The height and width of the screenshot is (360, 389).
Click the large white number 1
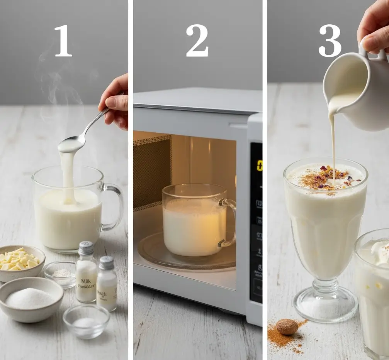pyautogui.click(x=63, y=41)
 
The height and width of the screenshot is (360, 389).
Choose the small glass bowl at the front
pyautogui.click(x=86, y=321)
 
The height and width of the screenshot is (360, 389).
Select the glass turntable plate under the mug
pyautogui.click(x=185, y=255)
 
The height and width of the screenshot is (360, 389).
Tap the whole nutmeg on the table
pyautogui.click(x=287, y=326)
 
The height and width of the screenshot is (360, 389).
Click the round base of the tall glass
pyautogui.click(x=325, y=305)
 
